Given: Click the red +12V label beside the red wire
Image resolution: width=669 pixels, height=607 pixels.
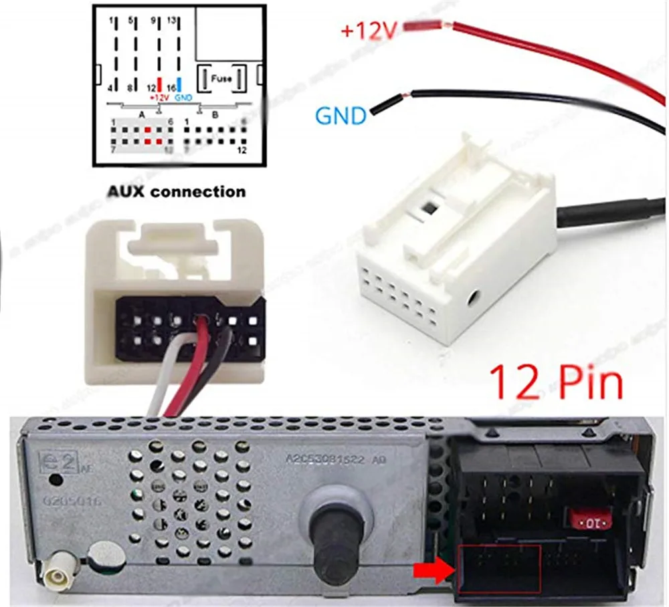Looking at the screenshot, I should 369,30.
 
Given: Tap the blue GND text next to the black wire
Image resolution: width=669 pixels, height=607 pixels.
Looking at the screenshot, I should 341,116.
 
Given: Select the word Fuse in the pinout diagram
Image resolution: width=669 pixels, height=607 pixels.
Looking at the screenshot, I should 221,78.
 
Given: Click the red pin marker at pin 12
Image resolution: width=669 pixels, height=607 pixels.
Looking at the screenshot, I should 159,85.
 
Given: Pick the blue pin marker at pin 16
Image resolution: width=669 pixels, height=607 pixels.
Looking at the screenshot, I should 180,85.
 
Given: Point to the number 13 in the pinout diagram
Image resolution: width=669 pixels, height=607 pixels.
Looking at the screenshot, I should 173,21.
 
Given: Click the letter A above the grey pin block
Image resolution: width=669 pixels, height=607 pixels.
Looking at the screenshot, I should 142,114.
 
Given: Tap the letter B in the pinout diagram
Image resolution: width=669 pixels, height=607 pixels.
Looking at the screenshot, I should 215,114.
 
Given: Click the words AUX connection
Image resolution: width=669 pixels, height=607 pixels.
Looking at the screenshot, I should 177,192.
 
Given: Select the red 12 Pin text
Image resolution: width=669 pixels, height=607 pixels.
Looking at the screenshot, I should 557,382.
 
